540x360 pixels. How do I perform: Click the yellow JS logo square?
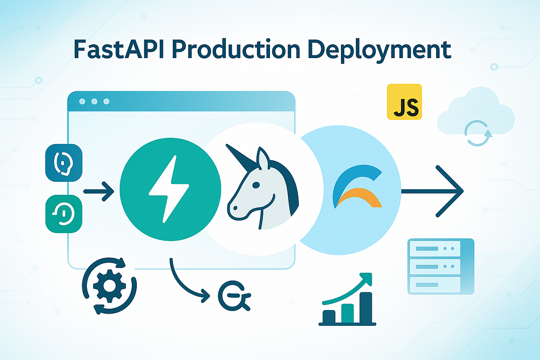tap(404, 102)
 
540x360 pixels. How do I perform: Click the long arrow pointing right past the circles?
tap(432, 191)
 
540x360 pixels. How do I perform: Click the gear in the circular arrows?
tap(108, 285)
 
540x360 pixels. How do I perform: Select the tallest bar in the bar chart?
tap(366, 308)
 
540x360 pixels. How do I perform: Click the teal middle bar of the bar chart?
tap(347, 313)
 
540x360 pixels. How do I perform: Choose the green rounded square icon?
tap(64, 214)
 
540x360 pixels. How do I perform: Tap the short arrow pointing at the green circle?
tap(99, 191)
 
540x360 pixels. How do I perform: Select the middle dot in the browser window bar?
tap(94, 102)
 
